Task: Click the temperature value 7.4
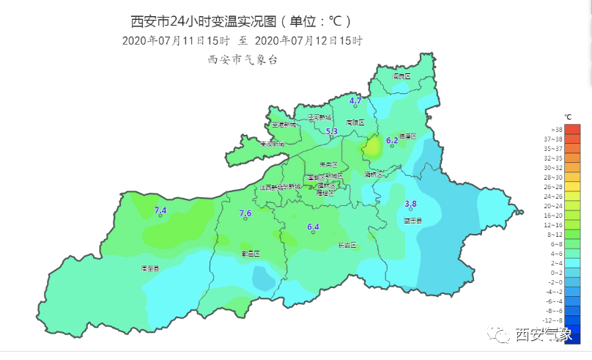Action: pos(160,211)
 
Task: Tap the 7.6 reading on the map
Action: pos(245,213)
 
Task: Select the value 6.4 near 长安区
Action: pos(313,227)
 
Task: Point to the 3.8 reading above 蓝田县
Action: pos(410,204)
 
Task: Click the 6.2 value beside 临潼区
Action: pos(391,140)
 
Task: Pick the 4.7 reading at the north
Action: pos(355,100)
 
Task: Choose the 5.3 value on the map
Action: pos(331,132)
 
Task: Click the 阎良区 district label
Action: pos(402,76)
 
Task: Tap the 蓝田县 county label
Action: pos(412,220)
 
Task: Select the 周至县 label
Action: pos(149,269)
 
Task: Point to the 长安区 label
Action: pos(347,245)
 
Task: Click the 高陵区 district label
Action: pos(355,122)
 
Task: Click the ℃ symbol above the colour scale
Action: pos(568,117)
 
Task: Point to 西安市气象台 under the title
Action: pos(243,60)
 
